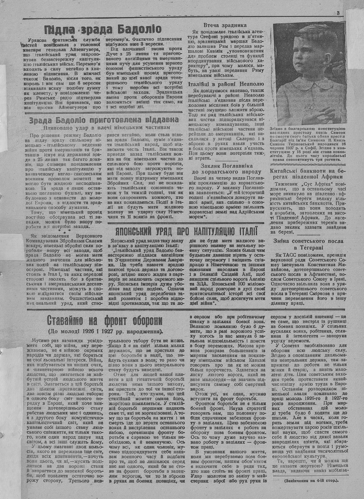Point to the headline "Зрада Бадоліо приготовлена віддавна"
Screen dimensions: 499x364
(99, 120)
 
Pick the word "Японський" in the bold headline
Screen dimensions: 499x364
(135, 232)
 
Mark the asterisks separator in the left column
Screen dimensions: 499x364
(64, 231)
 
